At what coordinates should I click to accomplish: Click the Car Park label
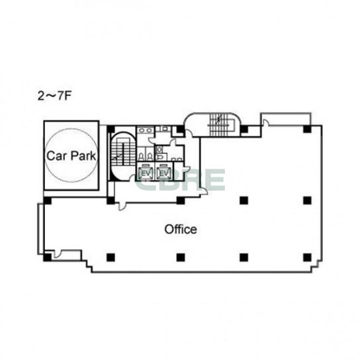click(71, 156)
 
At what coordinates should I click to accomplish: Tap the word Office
click(181, 229)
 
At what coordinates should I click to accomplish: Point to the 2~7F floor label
click(54, 96)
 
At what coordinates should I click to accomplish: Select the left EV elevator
click(146, 173)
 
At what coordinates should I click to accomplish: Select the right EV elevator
click(164, 173)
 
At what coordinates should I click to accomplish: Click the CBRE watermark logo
click(180, 180)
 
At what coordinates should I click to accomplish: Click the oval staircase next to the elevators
click(122, 156)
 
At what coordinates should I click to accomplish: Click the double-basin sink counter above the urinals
click(146, 130)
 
